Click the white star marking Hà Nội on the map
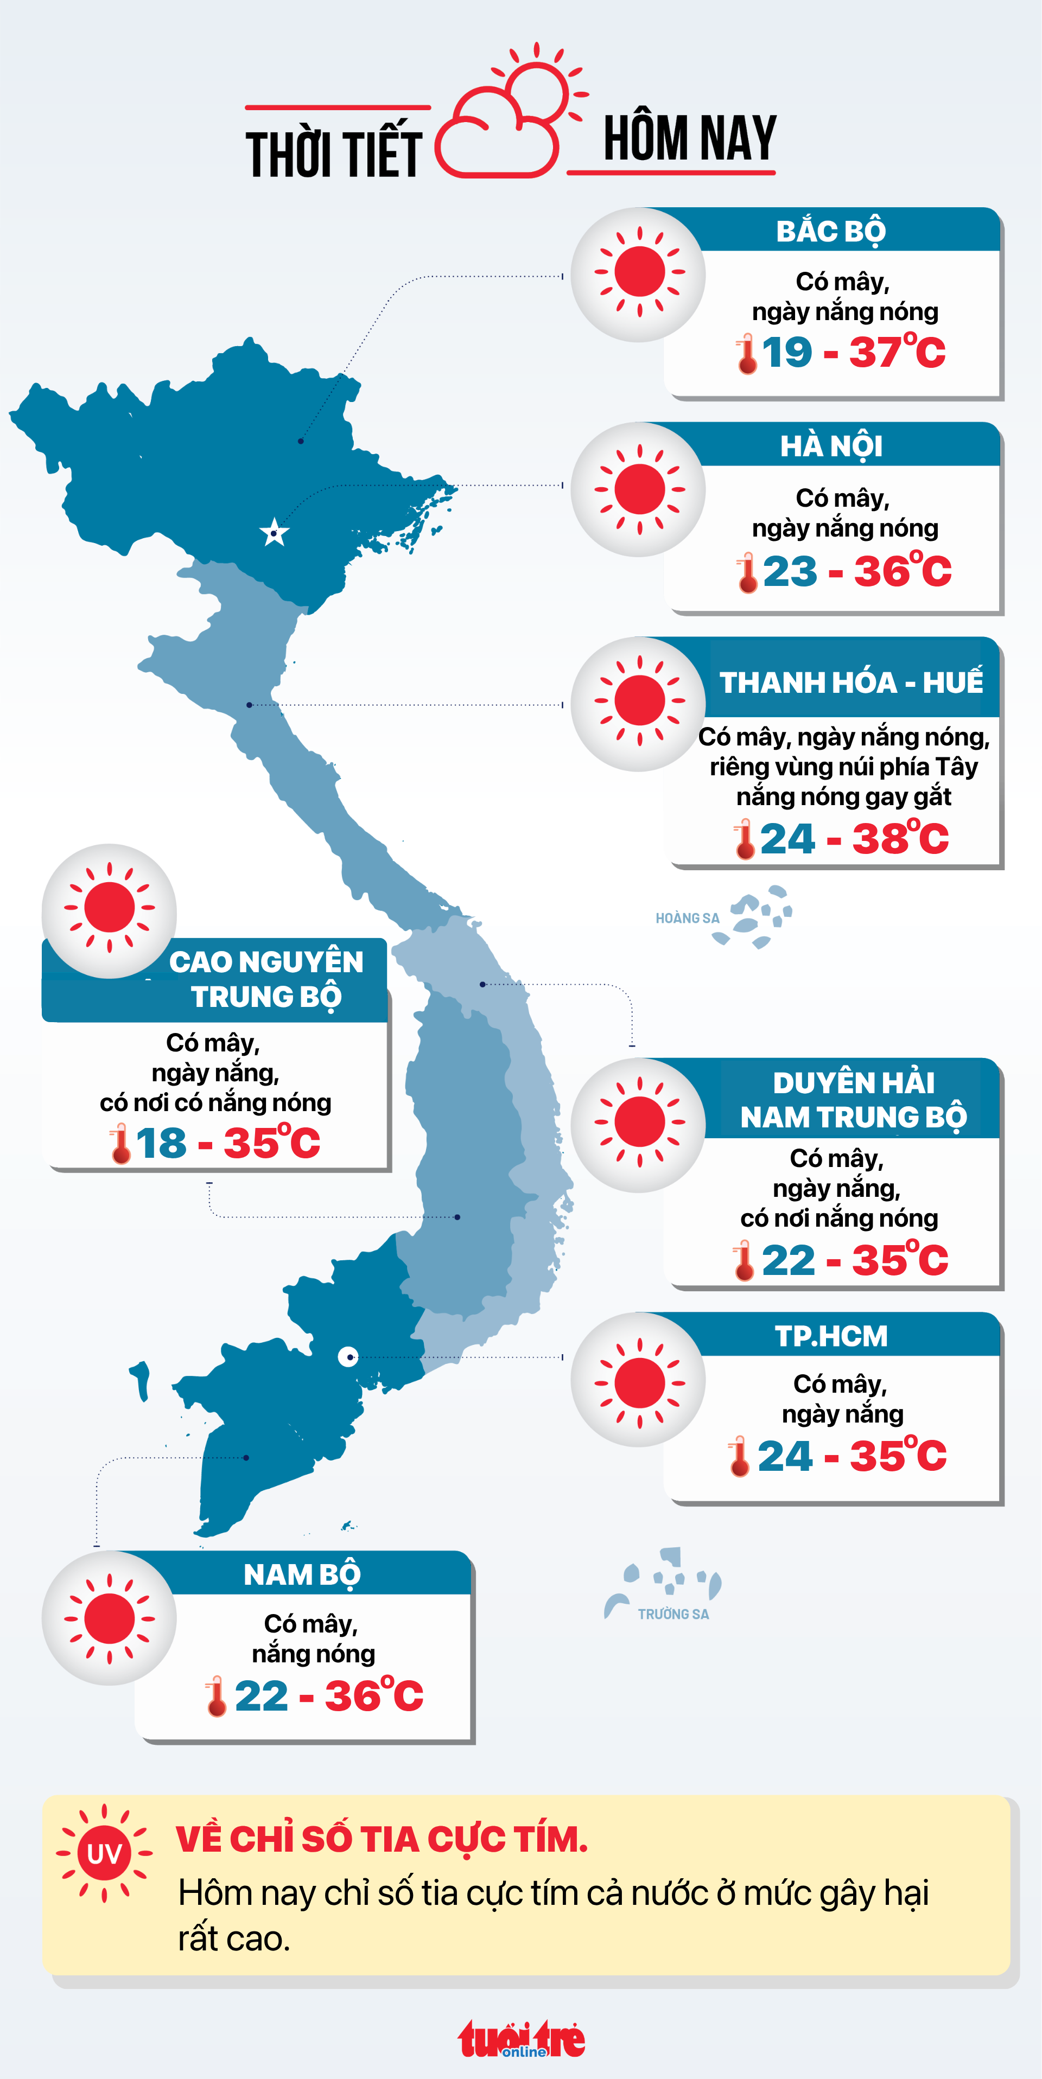tap(275, 533)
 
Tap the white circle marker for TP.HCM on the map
tap(348, 1357)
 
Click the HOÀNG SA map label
tap(687, 919)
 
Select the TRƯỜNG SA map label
tap(673, 1614)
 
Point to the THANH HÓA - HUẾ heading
tap(851, 683)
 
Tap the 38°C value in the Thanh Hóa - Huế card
tap(900, 839)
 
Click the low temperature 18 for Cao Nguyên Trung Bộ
tap(161, 1144)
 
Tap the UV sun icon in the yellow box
tap(104, 1854)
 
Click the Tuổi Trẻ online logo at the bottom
tap(522, 2039)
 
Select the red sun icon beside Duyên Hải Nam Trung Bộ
tap(639, 1123)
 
